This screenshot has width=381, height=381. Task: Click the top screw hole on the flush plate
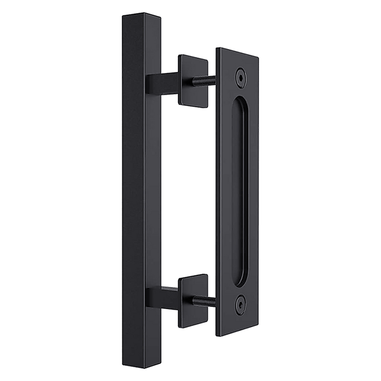tap(239, 77)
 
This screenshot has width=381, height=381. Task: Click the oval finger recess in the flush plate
tap(239, 188)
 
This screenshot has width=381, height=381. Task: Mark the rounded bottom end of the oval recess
tap(240, 276)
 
